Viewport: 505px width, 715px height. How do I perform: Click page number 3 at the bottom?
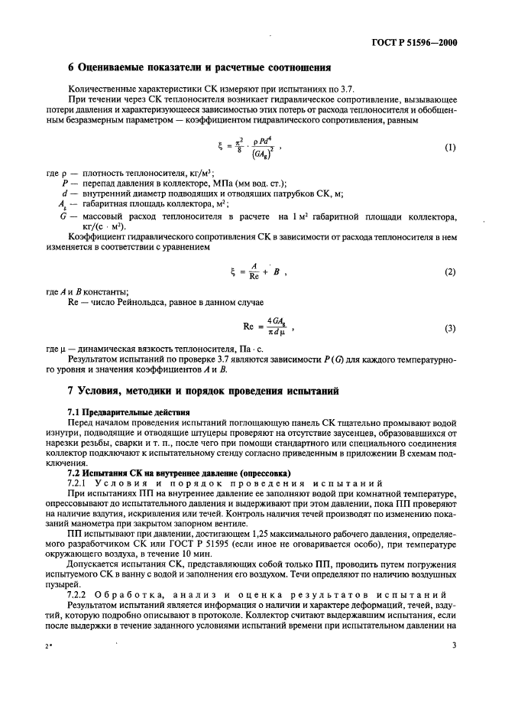(453, 667)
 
